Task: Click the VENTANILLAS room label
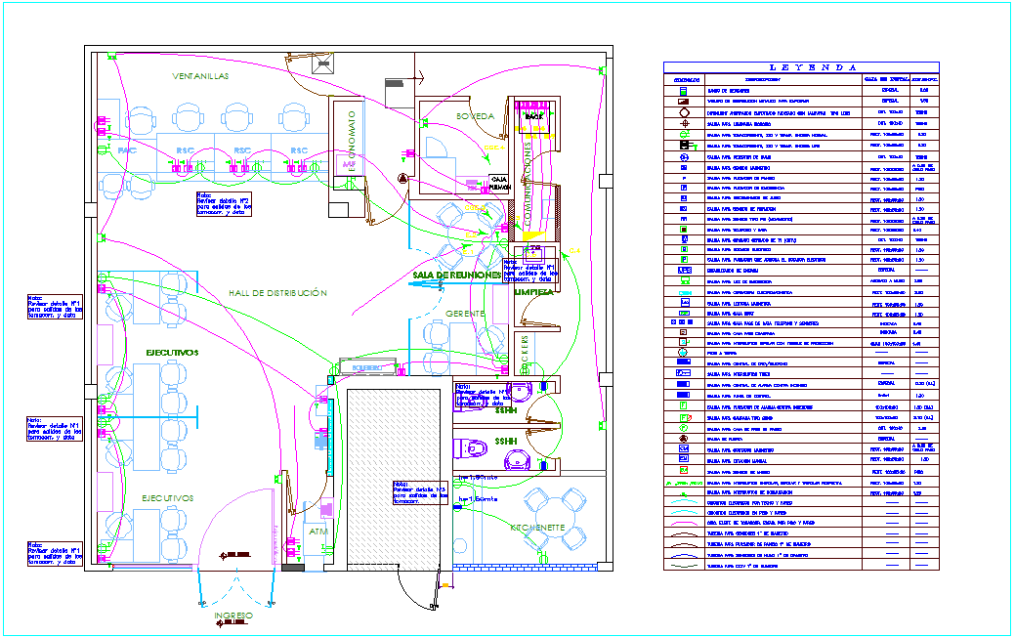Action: coord(200,76)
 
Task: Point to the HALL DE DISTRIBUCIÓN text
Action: coord(277,293)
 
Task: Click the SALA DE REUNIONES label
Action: coord(457,276)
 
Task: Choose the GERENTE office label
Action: coord(466,313)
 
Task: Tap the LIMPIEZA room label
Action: coord(534,292)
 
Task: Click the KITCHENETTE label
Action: coord(537,527)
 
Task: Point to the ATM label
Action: coord(318,532)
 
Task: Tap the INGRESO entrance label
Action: coord(233,616)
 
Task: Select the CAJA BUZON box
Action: coord(499,182)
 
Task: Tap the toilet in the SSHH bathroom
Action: coord(473,448)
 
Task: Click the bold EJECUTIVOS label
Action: coord(172,352)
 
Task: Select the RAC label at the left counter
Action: coord(126,152)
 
